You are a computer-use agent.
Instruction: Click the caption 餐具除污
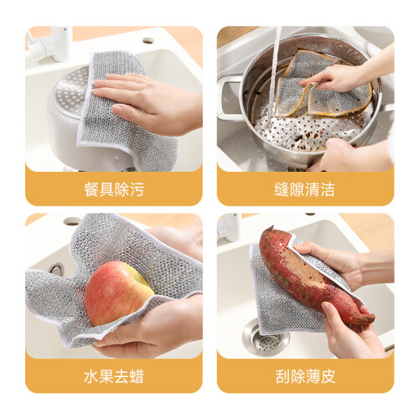114,189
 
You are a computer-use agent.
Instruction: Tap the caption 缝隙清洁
304,189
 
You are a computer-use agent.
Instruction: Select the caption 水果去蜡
114,376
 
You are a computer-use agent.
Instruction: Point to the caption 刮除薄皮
305,376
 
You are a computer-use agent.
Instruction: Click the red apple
119,293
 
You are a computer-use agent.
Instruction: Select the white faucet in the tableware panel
53,43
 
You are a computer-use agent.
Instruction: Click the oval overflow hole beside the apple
57,269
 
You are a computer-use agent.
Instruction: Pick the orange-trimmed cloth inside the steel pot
321,86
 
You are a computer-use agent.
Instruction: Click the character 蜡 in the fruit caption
137,376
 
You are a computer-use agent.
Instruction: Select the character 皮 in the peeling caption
328,376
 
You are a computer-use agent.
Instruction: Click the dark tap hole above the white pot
148,41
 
